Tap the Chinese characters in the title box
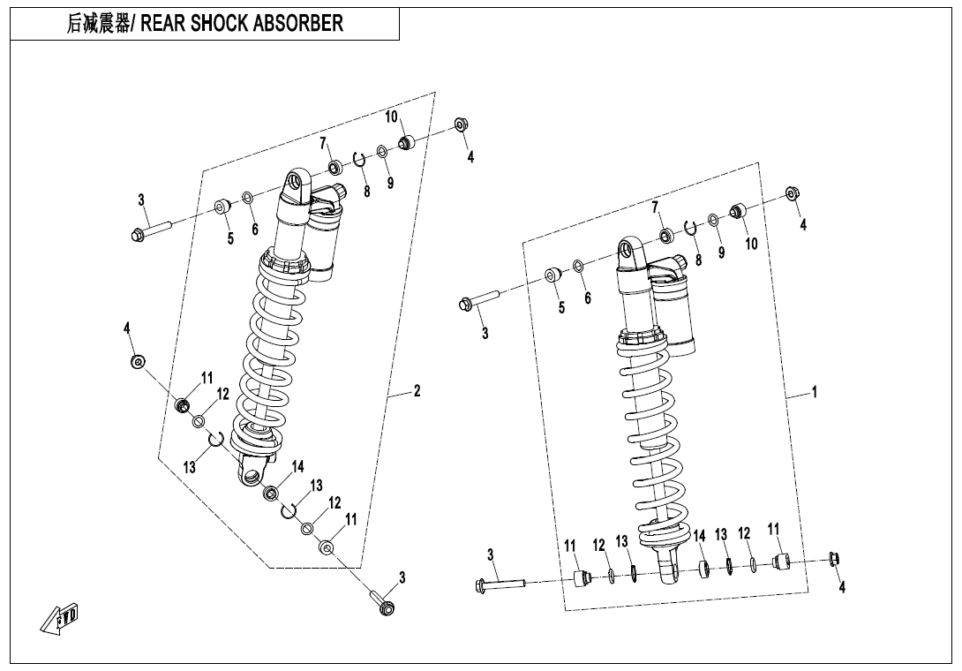pos(97,24)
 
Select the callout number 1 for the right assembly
pos(814,392)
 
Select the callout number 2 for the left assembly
pos(417,390)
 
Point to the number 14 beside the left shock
pos(297,466)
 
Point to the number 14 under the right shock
pos(699,535)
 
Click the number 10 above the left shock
pos(391,117)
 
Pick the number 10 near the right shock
pos(751,244)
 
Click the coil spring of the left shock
pos(269,353)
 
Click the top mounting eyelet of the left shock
pos(296,185)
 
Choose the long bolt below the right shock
pos(500,584)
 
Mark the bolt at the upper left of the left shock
pos(147,231)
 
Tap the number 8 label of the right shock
pos(698,260)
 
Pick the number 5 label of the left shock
pos(230,237)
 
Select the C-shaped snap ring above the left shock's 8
pos(359,159)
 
